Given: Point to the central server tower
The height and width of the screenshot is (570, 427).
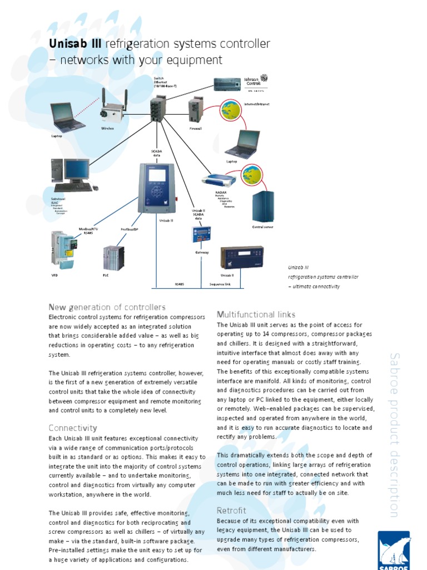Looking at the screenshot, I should point(263,207).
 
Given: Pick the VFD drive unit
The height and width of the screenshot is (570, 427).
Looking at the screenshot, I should point(61,248).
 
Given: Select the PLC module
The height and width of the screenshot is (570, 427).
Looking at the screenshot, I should point(114,258).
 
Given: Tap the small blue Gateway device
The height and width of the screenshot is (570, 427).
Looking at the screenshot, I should point(202,235).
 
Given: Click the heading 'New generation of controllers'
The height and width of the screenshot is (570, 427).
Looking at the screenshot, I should point(107,307).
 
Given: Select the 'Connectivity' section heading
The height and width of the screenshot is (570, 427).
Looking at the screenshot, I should point(73,428).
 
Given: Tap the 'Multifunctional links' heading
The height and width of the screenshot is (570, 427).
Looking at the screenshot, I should point(256,315).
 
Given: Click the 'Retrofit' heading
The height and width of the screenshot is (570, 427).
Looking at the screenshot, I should point(231,510).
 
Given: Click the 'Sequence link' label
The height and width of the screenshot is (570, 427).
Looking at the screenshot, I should point(220,284).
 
